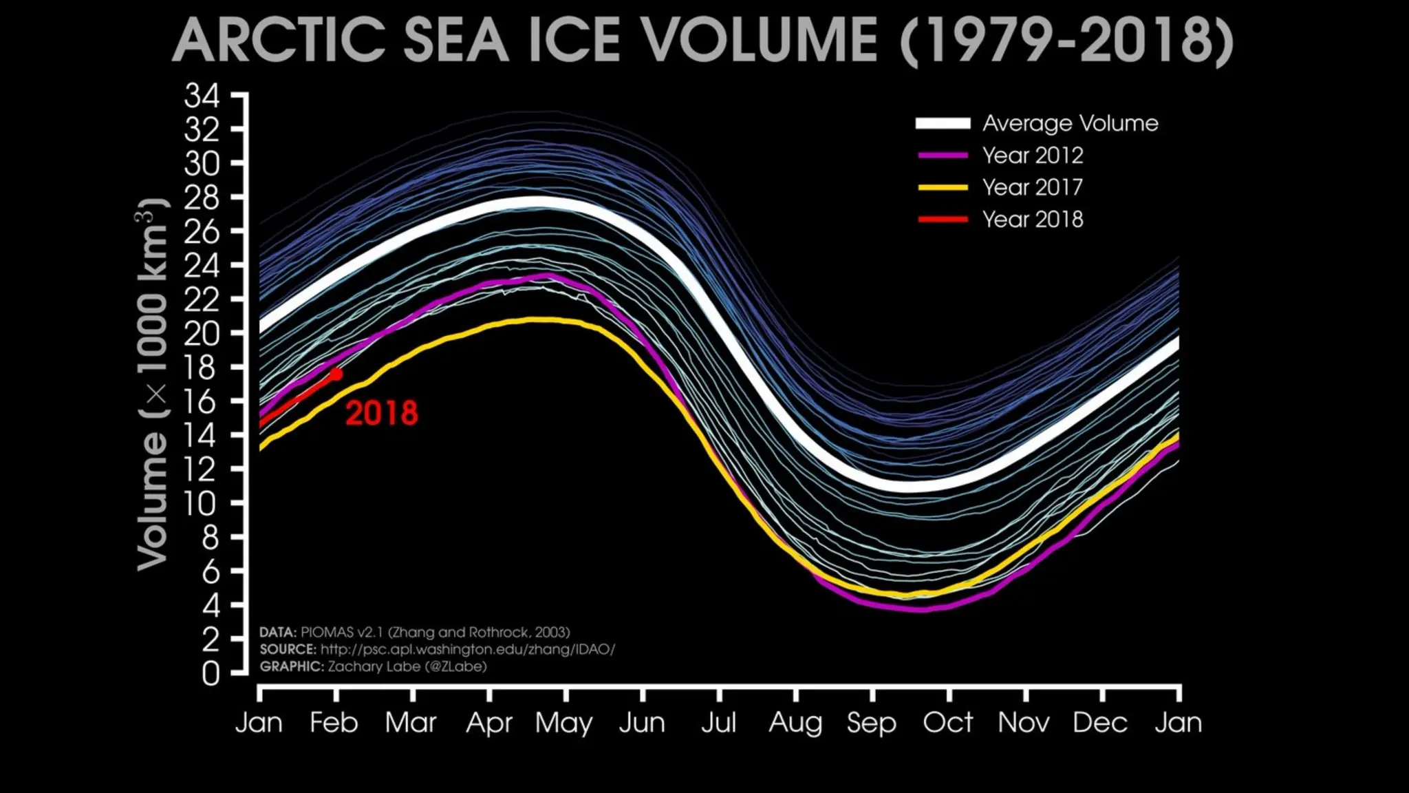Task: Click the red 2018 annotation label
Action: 381,413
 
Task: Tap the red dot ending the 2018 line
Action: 336,374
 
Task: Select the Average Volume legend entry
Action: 1070,123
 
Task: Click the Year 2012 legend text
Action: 1033,156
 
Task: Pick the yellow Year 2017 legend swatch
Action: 943,187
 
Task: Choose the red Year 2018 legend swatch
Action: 943,220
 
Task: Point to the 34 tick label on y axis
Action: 202,96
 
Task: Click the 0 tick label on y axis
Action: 211,673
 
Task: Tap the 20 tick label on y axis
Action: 202,334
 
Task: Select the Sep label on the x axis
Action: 871,723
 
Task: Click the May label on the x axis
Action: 563,723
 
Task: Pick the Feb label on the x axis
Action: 334,723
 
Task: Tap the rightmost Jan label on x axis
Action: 1178,723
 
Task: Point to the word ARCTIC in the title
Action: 279,41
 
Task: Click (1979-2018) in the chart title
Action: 1067,41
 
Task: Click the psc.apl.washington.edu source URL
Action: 468,649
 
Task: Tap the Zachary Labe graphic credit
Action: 407,666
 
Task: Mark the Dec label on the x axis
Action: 1099,723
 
